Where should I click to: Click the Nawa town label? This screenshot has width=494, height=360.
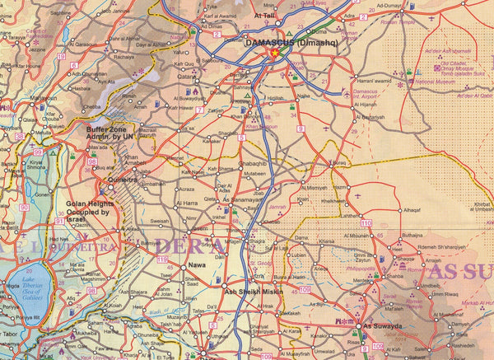[x=198, y=264]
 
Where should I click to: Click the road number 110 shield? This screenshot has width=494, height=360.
[x=366, y=224]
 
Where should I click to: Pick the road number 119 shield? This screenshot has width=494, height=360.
[x=162, y=260]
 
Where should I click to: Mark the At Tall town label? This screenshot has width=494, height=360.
[x=265, y=15]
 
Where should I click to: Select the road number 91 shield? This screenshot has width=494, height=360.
[x=59, y=221]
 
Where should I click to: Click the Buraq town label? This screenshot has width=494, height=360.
[x=338, y=164]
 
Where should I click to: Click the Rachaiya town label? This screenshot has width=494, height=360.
[x=124, y=58]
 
